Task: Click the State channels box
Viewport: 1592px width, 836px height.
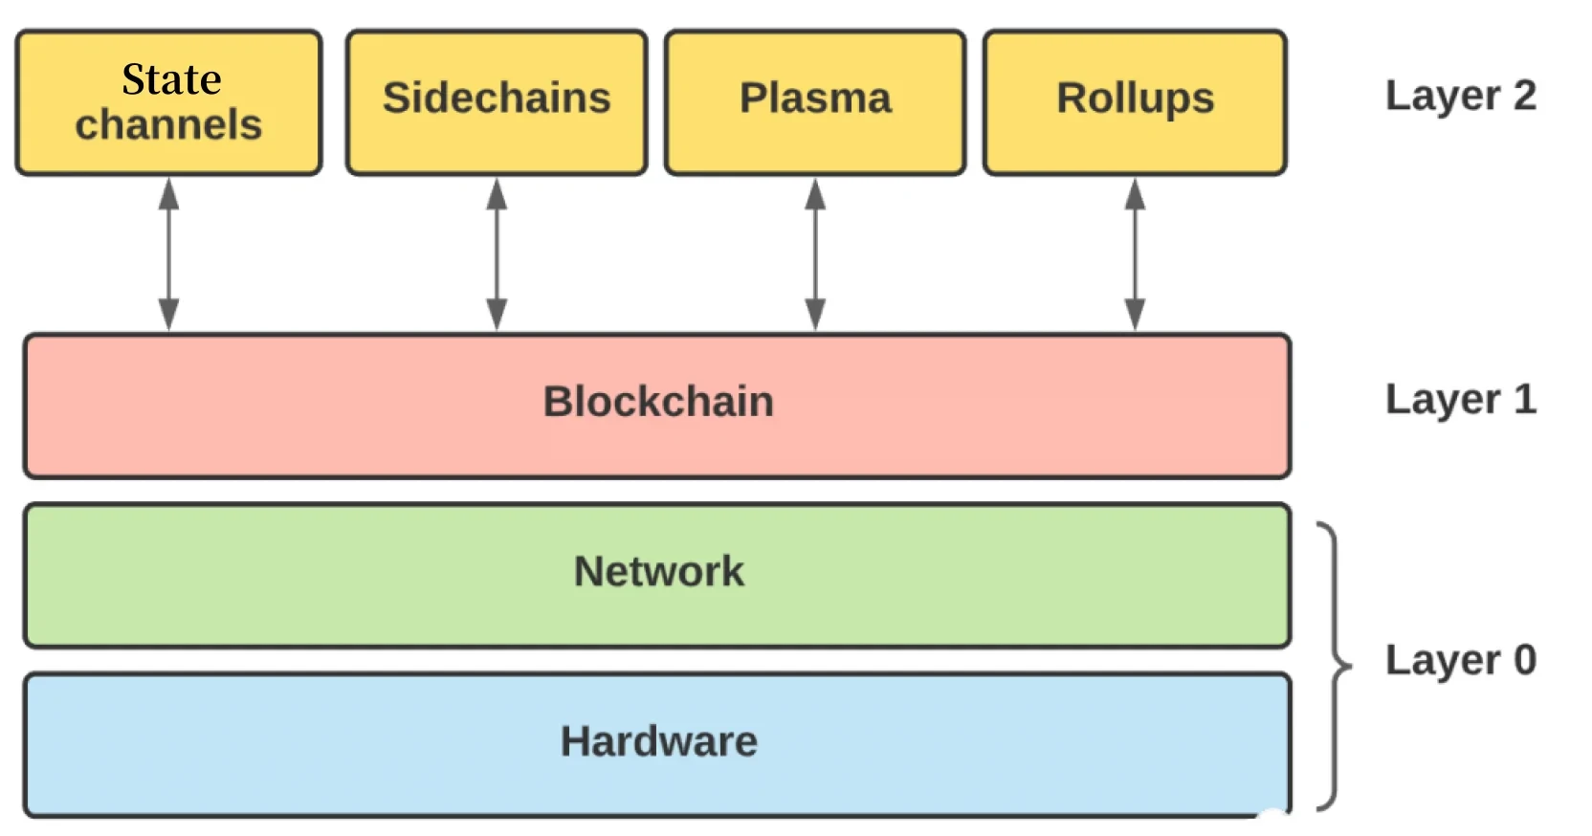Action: [x=168, y=102]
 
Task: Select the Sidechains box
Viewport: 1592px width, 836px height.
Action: [x=496, y=102]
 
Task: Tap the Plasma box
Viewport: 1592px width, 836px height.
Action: [x=815, y=102]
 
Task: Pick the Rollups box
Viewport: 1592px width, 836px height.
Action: [x=1135, y=102]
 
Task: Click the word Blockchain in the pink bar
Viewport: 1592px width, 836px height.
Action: [x=658, y=402]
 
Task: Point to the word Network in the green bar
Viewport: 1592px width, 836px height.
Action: [x=658, y=572]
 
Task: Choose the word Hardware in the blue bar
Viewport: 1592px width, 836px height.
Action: [x=658, y=742]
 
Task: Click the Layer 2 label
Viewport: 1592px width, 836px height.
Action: [x=1460, y=97]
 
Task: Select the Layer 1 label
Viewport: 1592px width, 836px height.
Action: [x=1460, y=400]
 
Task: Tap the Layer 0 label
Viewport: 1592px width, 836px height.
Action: [x=1460, y=660]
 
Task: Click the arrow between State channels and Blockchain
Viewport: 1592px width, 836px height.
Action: [x=168, y=254]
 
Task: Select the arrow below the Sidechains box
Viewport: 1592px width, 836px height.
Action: [x=497, y=254]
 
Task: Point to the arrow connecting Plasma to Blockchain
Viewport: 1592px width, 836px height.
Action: [x=815, y=254]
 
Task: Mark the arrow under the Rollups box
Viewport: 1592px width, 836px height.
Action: [x=1135, y=254]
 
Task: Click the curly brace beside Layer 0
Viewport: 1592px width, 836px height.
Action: [x=1334, y=666]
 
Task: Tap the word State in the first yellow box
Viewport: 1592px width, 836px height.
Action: [x=171, y=79]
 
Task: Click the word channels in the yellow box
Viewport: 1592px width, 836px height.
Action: [x=168, y=125]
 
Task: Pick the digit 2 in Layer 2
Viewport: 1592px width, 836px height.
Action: [x=1524, y=96]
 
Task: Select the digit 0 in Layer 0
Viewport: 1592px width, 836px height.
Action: [x=1524, y=660]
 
